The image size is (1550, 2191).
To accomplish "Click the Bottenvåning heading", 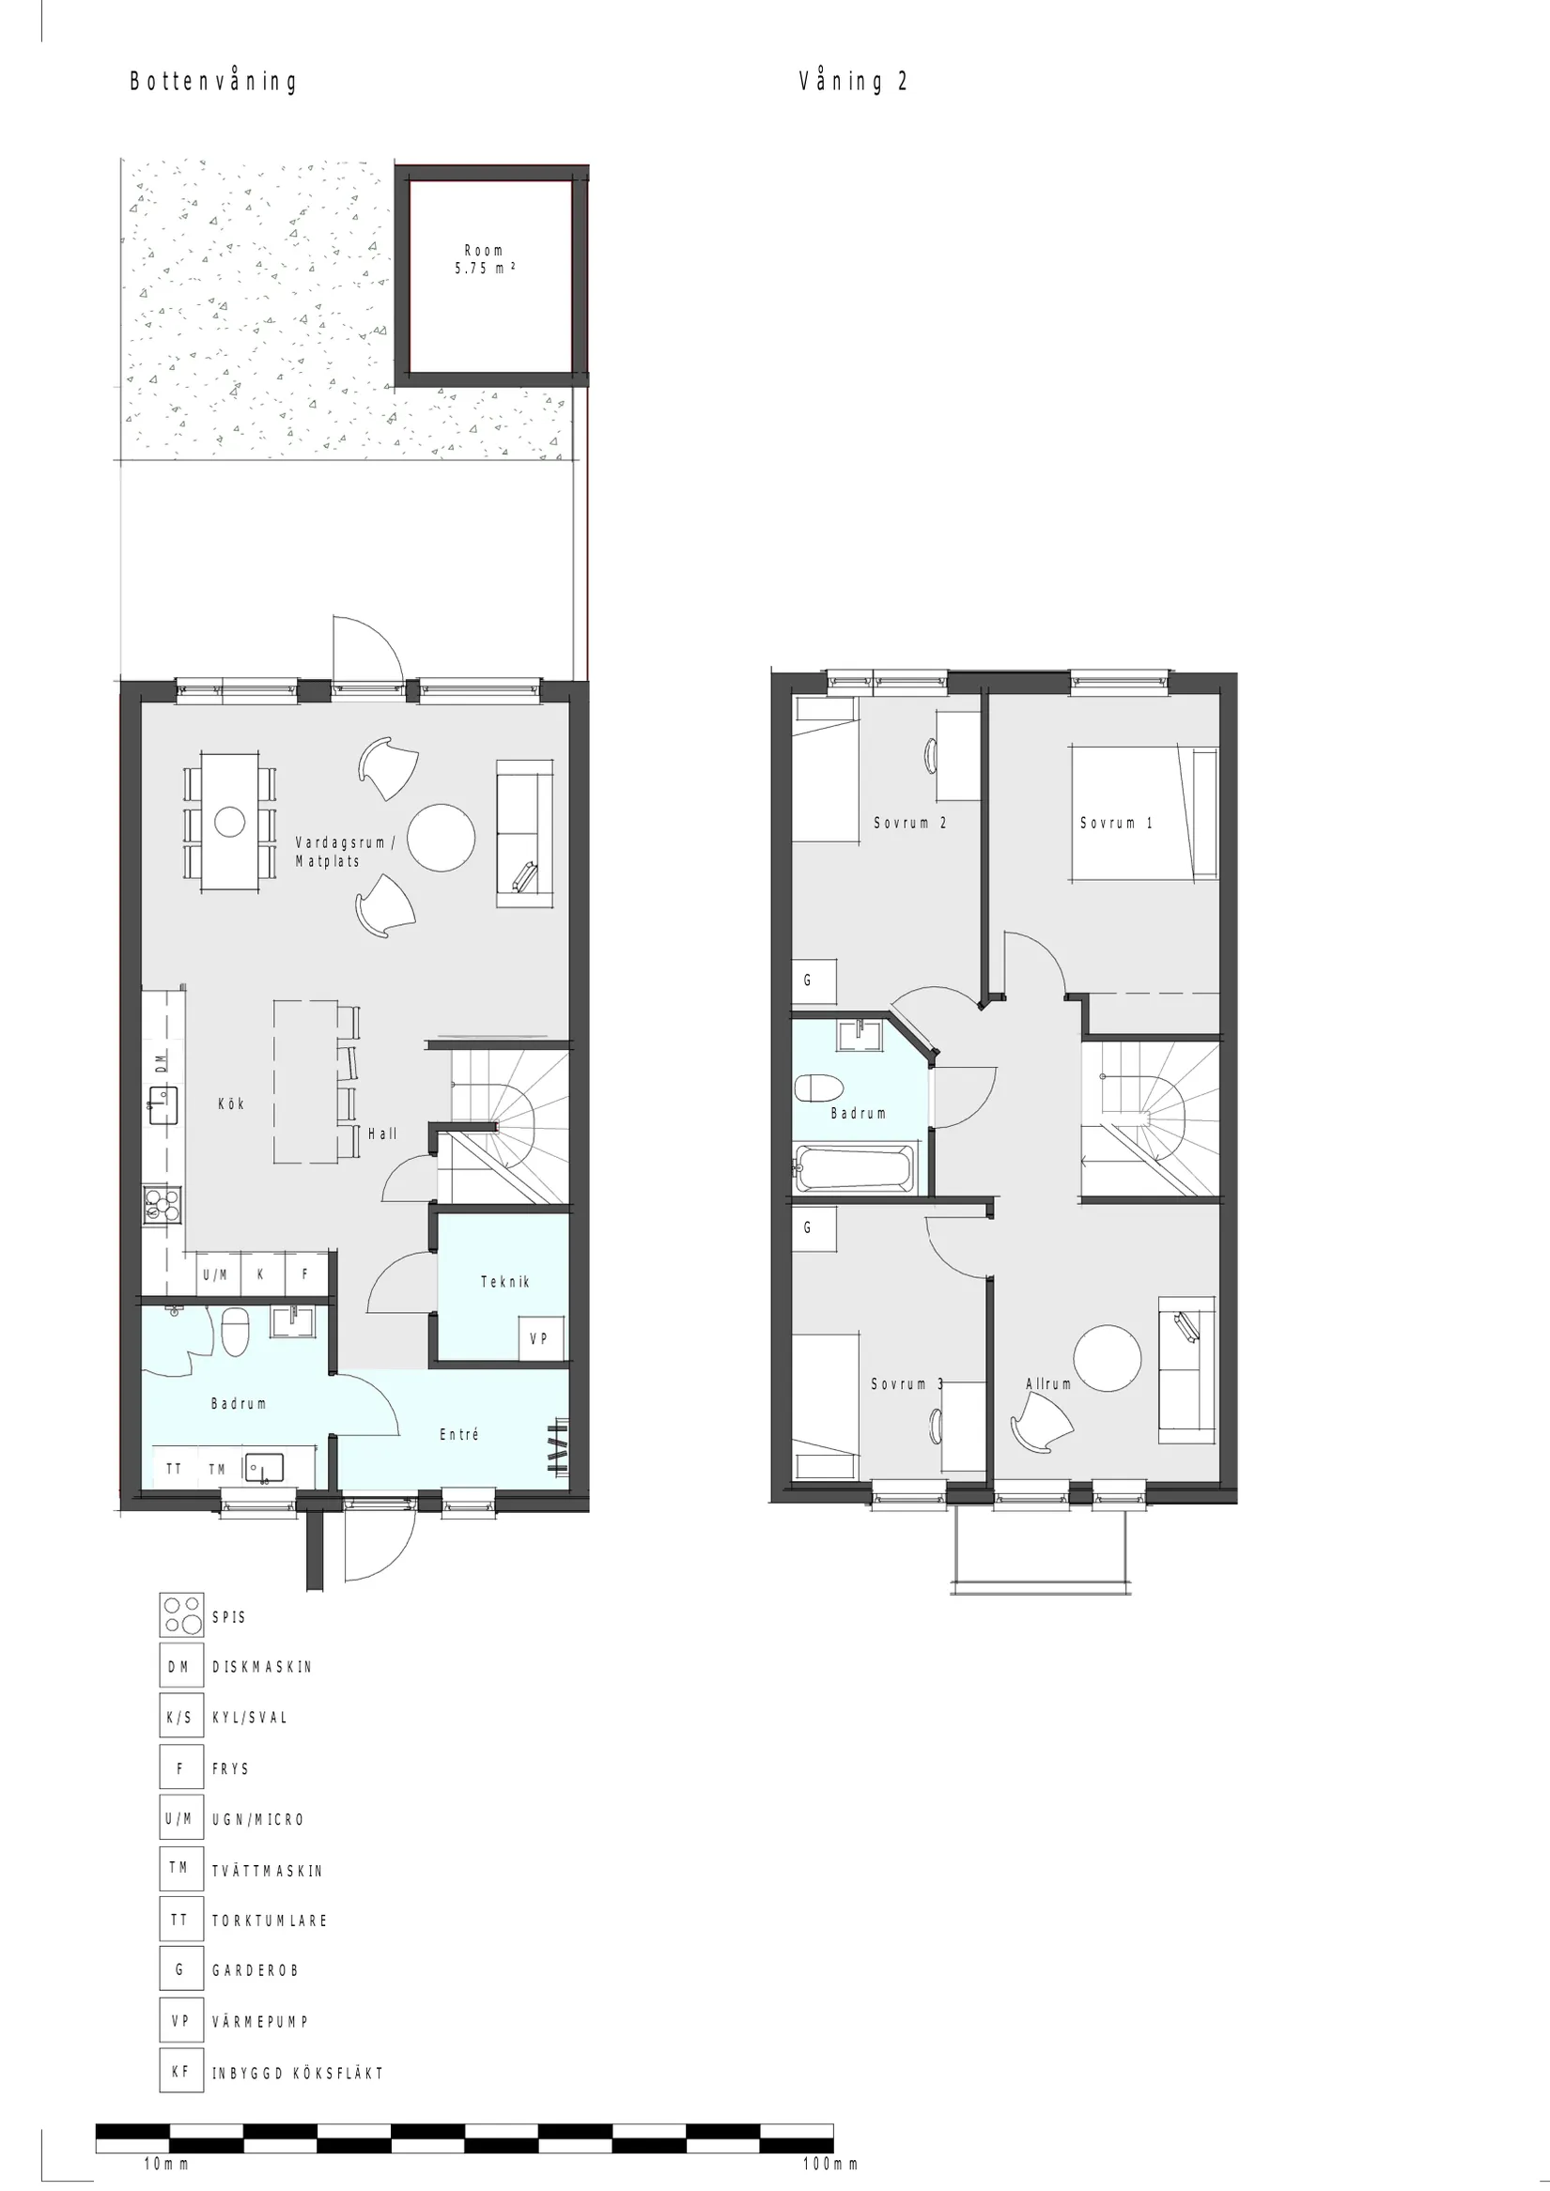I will (213, 82).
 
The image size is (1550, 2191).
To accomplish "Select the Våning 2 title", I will (852, 82).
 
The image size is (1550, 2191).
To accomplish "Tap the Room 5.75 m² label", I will (484, 259).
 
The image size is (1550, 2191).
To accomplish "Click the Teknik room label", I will (504, 1282).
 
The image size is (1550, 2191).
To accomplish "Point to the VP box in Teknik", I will (540, 1339).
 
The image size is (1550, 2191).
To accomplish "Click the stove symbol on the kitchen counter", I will (163, 1204).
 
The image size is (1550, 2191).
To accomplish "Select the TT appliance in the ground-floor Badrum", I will (174, 1469).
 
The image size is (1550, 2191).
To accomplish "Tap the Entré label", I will (458, 1434).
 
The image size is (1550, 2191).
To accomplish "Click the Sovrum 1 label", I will (1116, 823).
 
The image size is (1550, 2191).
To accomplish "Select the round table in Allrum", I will (1107, 1358).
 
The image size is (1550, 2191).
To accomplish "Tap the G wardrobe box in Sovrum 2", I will (814, 981).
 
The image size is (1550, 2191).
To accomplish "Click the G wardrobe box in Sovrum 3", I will (814, 1228).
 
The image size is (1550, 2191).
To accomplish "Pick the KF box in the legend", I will (180, 2073).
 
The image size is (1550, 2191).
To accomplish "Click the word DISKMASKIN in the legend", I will (261, 1667).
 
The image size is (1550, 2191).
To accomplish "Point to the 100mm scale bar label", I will (829, 2165).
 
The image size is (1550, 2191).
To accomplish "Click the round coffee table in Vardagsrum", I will (441, 837).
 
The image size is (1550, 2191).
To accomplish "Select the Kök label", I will (231, 1104).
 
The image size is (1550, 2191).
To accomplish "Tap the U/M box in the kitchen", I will (216, 1274).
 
